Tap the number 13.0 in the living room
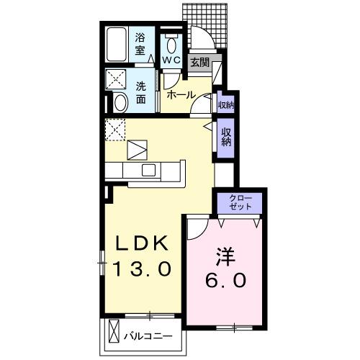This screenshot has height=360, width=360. coord(142,269)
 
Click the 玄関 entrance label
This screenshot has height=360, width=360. coord(199,63)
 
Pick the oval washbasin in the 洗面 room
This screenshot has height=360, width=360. coord(120,103)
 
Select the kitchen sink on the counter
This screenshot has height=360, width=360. coord(148,170)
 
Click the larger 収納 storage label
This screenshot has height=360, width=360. coord(226,136)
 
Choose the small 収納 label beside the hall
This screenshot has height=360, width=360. coord(225,104)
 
